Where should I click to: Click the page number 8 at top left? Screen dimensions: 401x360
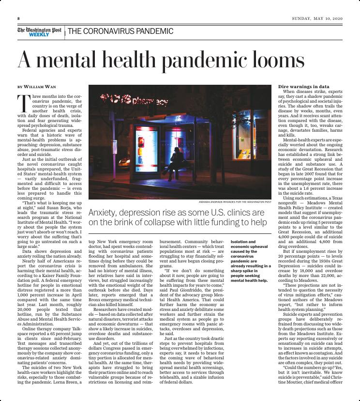point(18,18)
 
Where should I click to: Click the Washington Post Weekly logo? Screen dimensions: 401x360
point(40,31)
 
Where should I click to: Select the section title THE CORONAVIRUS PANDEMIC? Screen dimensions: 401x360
point(120,31)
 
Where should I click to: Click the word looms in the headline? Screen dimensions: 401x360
point(272,61)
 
